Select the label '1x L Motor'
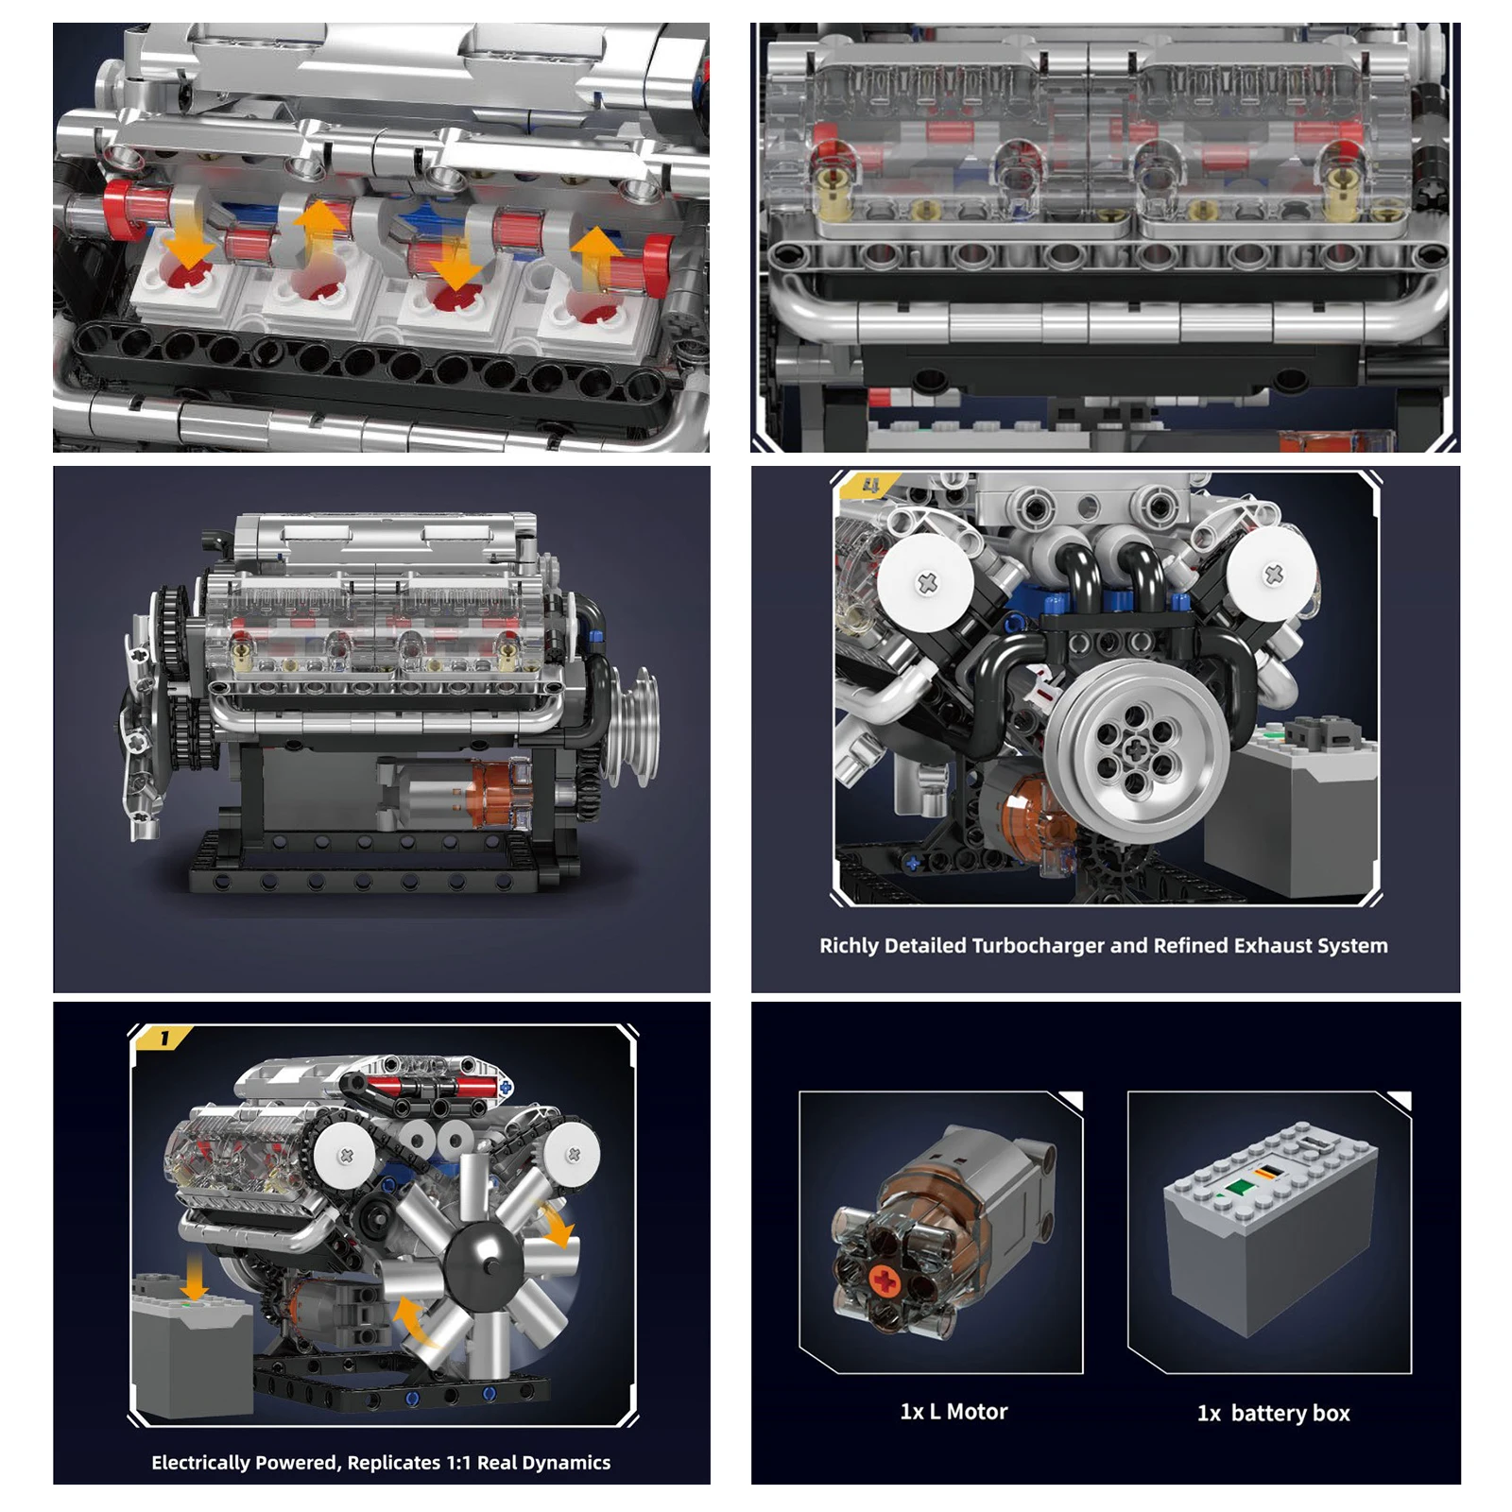[x=954, y=1411]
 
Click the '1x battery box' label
[x=1273, y=1413]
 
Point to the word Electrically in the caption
[x=200, y=1462]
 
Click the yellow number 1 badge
[x=164, y=1039]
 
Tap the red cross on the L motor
[x=885, y=1281]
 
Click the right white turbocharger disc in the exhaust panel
[x=1272, y=574]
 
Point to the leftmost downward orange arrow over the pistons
[x=187, y=238]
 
